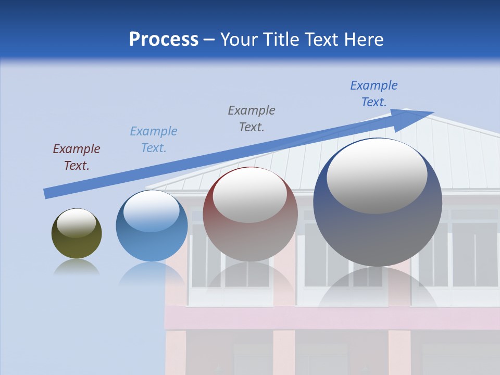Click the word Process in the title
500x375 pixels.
164,40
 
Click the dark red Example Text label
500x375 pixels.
77,157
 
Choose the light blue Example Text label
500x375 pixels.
154,139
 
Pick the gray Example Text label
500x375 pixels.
252,118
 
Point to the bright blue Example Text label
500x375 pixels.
374,94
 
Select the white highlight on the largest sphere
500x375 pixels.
377,175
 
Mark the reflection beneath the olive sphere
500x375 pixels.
76,268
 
